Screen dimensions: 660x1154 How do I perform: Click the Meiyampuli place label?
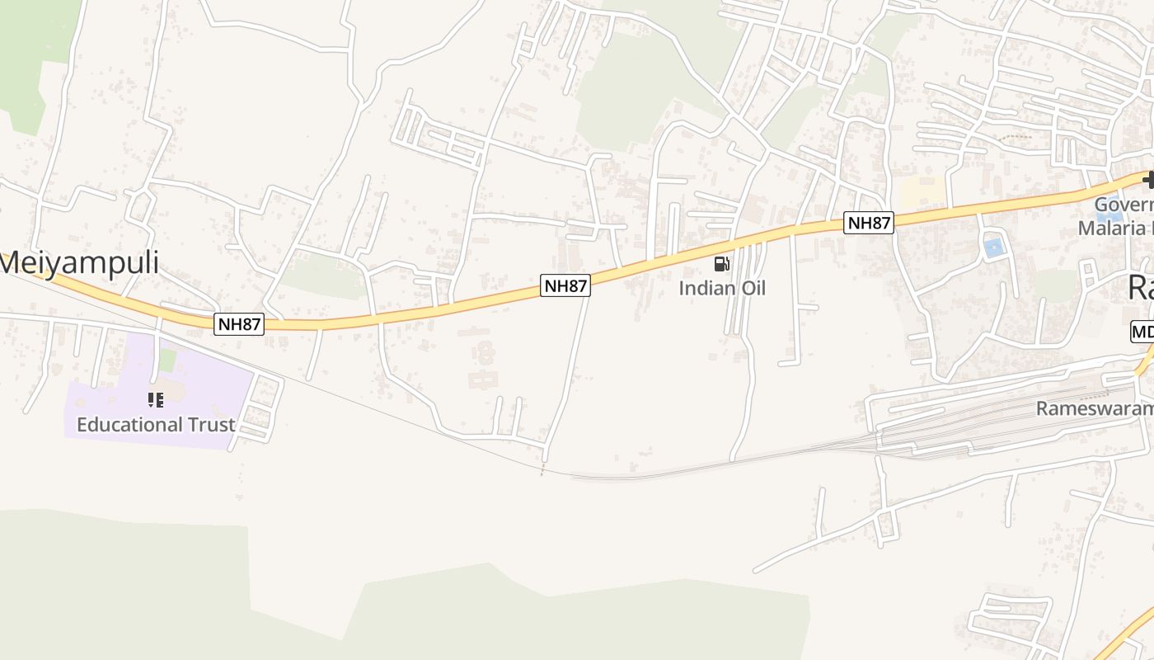[x=80, y=262]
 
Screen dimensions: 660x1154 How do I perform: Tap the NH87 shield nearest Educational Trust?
[x=239, y=324]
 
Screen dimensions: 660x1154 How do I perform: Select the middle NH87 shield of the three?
[x=565, y=285]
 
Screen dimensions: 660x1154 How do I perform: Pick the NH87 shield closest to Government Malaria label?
[x=869, y=222]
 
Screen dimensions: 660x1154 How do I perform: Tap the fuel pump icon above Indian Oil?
[x=721, y=264]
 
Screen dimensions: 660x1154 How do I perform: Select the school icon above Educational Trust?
[x=156, y=400]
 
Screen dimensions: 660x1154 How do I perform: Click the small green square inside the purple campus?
[x=168, y=360]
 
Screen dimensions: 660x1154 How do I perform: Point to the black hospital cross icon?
[x=1148, y=180]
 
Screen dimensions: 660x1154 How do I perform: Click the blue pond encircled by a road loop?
[x=994, y=247]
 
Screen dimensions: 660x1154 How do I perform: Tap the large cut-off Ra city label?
[x=1141, y=288]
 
